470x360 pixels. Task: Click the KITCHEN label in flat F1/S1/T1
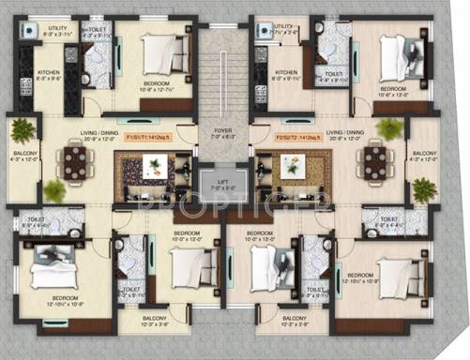pyautogui.click(x=49, y=72)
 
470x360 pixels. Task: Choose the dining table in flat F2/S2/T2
pyautogui.click(x=375, y=160)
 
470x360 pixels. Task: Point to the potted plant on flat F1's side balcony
pyautogui.click(x=23, y=130)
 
